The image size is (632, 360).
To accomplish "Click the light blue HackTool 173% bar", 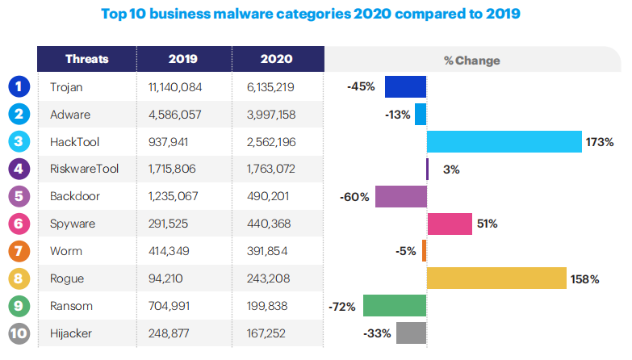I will pyautogui.click(x=504, y=141).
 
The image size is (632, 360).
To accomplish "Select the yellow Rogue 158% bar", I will pyautogui.click(x=496, y=278).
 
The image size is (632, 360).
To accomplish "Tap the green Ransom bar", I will pyautogui.click(x=395, y=306).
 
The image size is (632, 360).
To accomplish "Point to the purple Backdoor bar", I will pyautogui.click(x=401, y=196).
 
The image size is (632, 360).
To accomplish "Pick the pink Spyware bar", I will pyautogui.click(x=449, y=224).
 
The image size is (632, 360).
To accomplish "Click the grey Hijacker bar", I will pyautogui.click(x=411, y=333).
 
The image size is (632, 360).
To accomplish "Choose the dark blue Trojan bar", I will pyautogui.click(x=405, y=86).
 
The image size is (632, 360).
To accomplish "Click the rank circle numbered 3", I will pyautogui.click(x=19, y=142).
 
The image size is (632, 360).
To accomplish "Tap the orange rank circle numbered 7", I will pyautogui.click(x=19, y=251).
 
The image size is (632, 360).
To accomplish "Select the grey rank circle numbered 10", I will pyautogui.click(x=19, y=333).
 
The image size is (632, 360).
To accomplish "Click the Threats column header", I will pyautogui.click(x=86, y=60).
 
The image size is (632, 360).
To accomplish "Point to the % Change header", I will pyautogui.click(x=471, y=61).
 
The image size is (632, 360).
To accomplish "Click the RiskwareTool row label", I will pyautogui.click(x=85, y=170).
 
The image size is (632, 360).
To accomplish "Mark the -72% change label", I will pyautogui.click(x=343, y=307).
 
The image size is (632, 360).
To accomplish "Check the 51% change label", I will pyautogui.click(x=487, y=224).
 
